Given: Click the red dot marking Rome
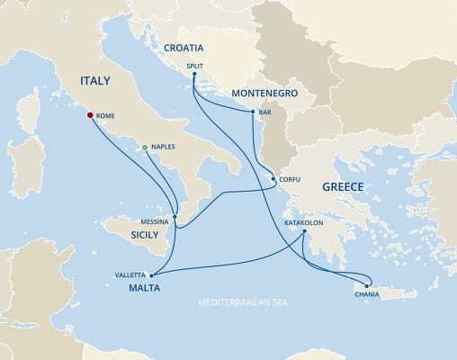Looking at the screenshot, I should click(x=89, y=115).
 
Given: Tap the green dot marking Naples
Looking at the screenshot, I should click(x=145, y=147).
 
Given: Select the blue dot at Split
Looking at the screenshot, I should click(x=194, y=75).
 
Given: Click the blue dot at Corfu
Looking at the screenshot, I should click(x=273, y=179).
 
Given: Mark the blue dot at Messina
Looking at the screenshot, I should click(x=175, y=217).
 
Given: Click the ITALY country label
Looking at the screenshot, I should click(x=95, y=81).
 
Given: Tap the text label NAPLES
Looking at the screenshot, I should click(x=164, y=147).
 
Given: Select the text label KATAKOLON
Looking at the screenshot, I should click(x=303, y=219).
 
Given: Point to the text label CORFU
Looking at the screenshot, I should click(x=290, y=179).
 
